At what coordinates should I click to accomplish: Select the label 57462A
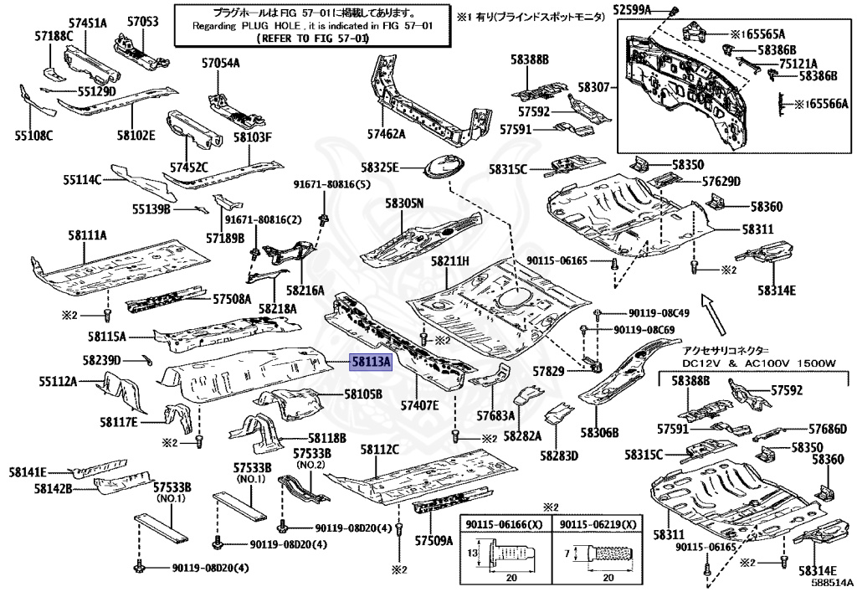(385, 134)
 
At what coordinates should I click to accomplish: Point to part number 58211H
(450, 261)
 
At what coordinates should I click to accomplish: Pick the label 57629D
(721, 181)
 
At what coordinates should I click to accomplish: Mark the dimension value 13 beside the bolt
(473, 554)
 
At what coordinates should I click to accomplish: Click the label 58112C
(379, 450)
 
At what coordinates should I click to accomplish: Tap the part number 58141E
(28, 472)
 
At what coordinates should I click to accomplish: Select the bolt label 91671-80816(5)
(331, 184)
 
